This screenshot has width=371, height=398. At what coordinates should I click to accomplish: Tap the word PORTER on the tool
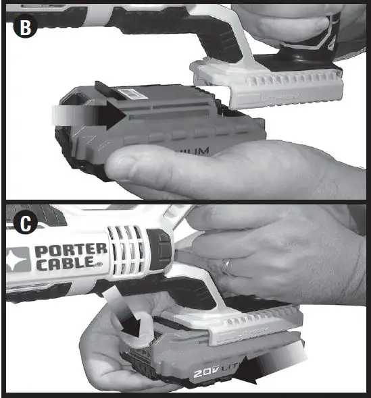(70, 251)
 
